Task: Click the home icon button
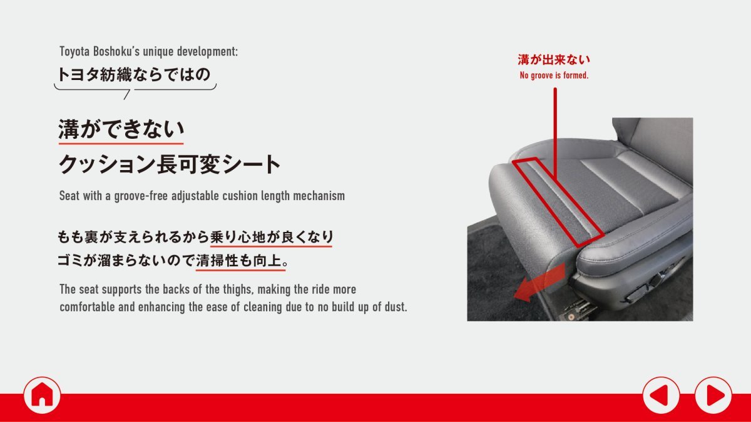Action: coord(42,395)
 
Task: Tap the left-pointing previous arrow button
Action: coord(661,395)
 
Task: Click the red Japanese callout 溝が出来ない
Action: coord(554,59)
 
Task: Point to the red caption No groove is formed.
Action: coord(554,76)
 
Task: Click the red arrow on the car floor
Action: coord(539,283)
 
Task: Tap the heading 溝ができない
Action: coord(121,129)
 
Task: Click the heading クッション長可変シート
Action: coord(170,164)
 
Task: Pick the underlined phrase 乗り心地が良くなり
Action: coord(272,237)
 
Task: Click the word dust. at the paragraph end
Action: coord(396,307)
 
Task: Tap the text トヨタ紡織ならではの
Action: coord(133,74)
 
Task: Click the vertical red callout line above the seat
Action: coord(555,133)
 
